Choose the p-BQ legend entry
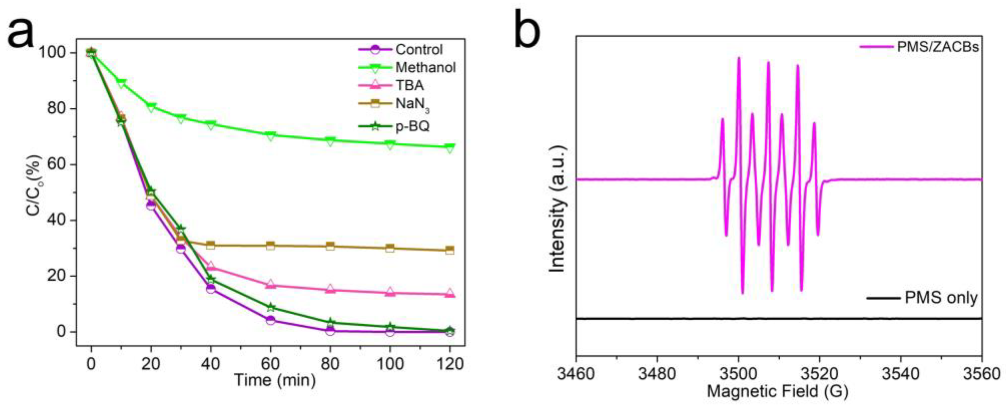(x=412, y=126)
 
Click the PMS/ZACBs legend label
(x=937, y=58)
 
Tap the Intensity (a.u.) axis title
(x=558, y=209)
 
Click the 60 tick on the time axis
(x=270, y=364)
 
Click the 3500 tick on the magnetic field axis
(x=738, y=374)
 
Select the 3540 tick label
(x=901, y=374)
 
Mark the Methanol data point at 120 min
(x=450, y=147)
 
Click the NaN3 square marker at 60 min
(x=270, y=246)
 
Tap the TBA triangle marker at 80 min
(x=330, y=290)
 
